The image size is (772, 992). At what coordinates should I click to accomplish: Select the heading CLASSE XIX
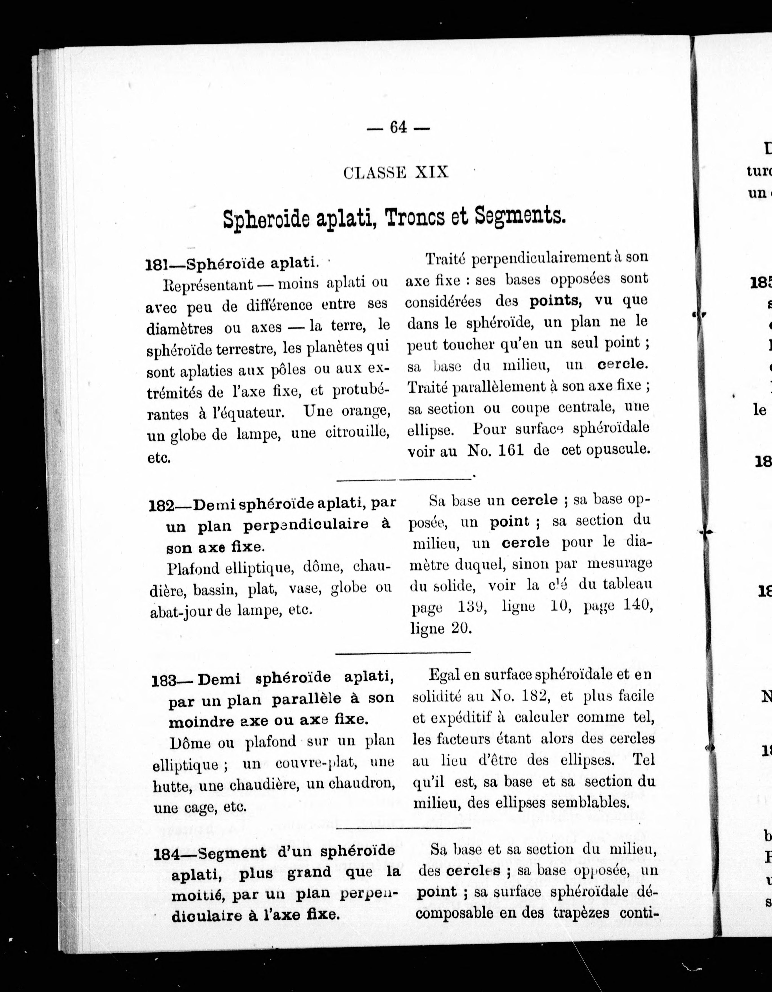click(x=396, y=173)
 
